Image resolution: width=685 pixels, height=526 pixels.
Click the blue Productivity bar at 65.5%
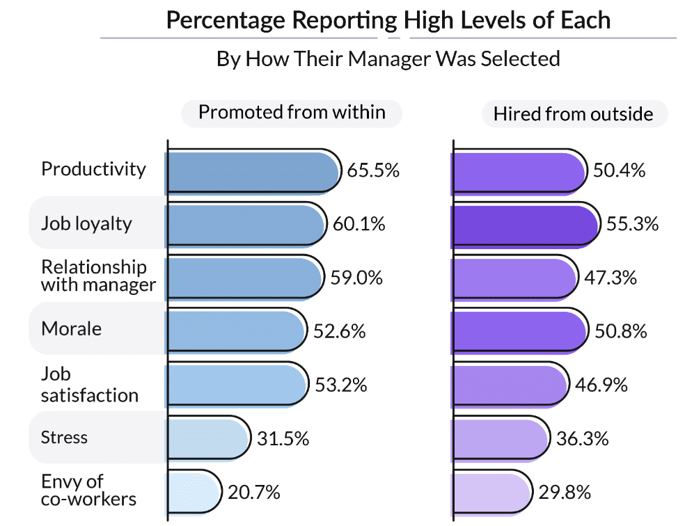(253, 170)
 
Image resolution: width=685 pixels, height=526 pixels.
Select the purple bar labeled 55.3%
(525, 225)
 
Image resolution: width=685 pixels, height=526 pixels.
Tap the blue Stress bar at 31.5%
(208, 438)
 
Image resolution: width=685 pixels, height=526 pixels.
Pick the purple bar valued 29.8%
(491, 493)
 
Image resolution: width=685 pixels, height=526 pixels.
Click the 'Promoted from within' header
(292, 113)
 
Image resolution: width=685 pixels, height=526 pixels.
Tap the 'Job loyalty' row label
(86, 224)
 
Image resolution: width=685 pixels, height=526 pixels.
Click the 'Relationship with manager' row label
(98, 276)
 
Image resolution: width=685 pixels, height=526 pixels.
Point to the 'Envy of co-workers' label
(88, 490)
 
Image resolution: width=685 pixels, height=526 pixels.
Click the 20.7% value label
(254, 493)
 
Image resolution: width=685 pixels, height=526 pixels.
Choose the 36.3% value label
(583, 439)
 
